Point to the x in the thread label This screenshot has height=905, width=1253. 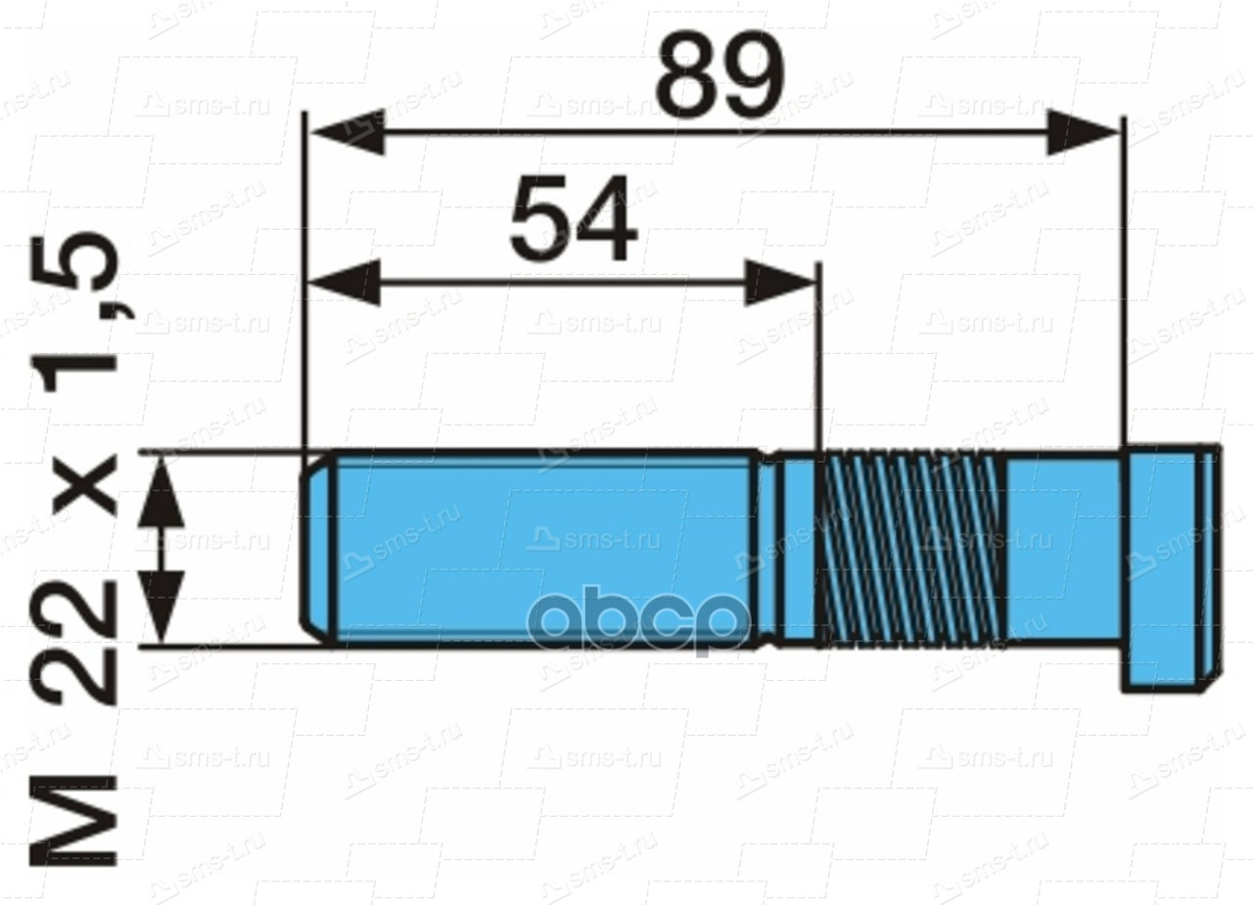click(82, 486)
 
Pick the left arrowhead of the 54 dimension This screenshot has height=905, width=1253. click(343, 284)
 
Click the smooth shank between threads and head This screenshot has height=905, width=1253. click(1062, 548)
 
